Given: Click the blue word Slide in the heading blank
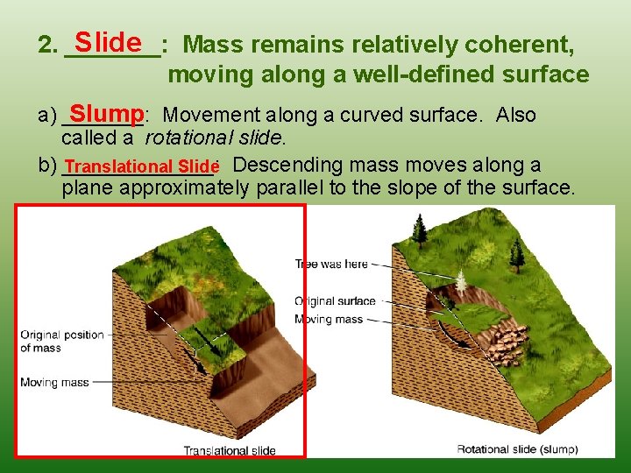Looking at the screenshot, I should point(109,42).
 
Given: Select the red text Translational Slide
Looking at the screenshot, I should point(140,166).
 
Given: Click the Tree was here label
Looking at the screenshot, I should point(330,263).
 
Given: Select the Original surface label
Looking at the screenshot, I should point(334,301).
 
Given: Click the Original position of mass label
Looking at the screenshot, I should point(61,341).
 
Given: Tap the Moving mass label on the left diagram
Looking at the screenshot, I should point(53,382).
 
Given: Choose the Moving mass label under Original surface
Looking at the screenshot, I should point(328,319).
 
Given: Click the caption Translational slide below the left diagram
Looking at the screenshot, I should point(229,450).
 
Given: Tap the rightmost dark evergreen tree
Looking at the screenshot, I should point(517,253).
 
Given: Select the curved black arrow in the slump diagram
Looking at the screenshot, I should point(448,332).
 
